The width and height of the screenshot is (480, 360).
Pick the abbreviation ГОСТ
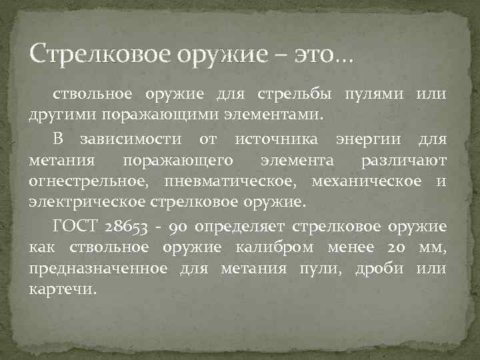[73, 227]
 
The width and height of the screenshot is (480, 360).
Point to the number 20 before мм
[394, 248]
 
